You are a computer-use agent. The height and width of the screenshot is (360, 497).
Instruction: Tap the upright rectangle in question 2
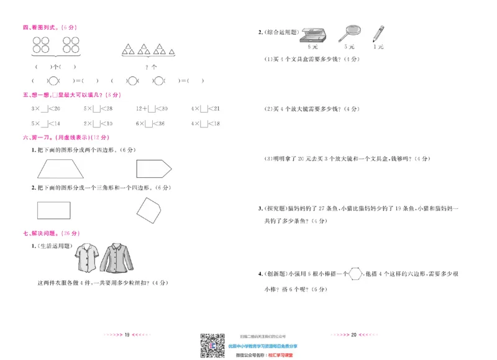click(x=54, y=210)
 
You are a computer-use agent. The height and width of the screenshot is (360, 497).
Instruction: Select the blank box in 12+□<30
click(x=152, y=109)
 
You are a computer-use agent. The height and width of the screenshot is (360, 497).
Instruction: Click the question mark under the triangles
click(x=146, y=66)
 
